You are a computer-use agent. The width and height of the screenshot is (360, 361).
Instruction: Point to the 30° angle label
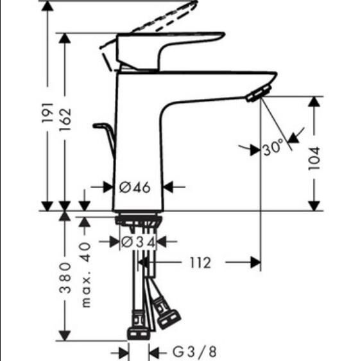[x=272, y=148]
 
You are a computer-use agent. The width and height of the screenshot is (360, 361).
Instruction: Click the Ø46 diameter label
[x=135, y=187]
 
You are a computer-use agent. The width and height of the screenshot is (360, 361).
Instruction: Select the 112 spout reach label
[x=200, y=262]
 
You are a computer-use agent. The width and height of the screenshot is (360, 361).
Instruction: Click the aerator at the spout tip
[x=255, y=95]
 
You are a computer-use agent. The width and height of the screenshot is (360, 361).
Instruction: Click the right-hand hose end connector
[x=169, y=317]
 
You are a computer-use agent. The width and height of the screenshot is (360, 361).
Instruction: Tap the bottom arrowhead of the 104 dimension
[x=314, y=205]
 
